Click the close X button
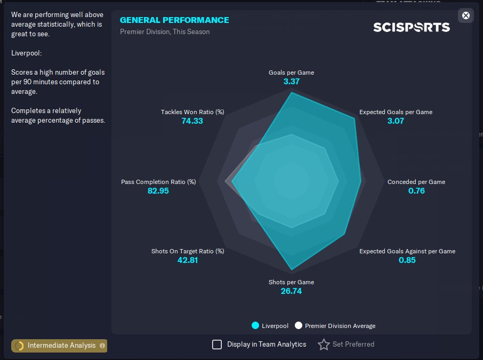coord(466,15)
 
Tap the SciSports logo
coord(412,27)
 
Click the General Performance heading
coord(174,20)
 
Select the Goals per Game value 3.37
coord(292,82)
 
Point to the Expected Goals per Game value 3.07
coord(396,121)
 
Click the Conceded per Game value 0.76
coord(416,191)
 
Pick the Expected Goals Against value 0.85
coord(407,260)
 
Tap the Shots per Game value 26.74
coord(292,291)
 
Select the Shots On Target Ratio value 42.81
coord(188,260)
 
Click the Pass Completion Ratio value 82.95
coord(158,191)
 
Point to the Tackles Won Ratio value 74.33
coord(192,121)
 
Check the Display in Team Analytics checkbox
coord(217,345)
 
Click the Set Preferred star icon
coord(324,345)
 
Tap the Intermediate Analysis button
coord(59,346)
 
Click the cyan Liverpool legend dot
coord(255,325)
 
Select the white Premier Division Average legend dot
coord(299,325)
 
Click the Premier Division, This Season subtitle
coord(165,32)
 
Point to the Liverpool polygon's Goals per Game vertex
coord(292,92)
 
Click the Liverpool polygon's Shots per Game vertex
coord(292,270)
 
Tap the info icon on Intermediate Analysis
coord(102,346)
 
